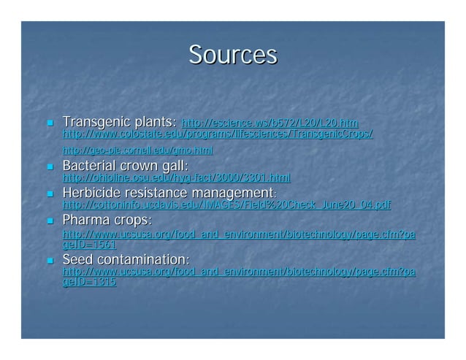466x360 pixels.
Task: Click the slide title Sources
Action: (x=232, y=55)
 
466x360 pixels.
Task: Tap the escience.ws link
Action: (x=270, y=123)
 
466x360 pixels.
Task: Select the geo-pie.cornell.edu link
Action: (x=137, y=150)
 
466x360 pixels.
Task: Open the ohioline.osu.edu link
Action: (x=176, y=177)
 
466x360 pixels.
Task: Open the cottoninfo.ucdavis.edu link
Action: (x=226, y=205)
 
